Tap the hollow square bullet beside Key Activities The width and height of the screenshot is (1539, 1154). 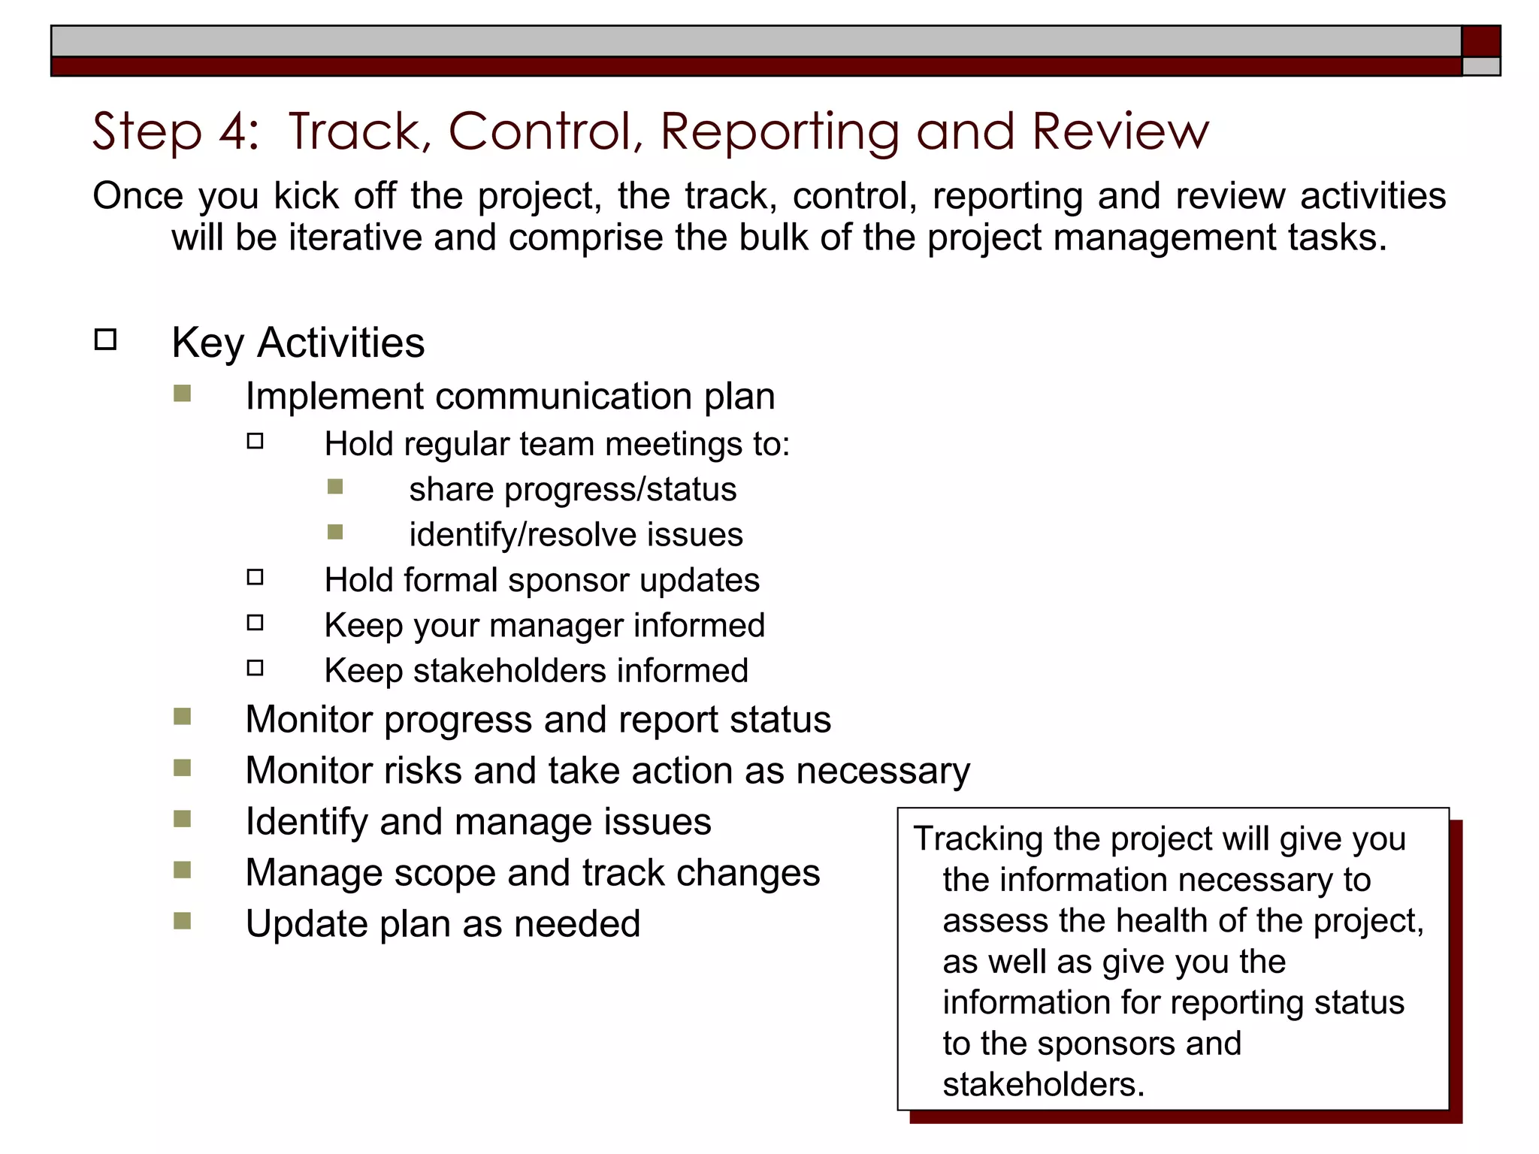106,340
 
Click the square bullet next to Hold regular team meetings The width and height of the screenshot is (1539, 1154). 255,441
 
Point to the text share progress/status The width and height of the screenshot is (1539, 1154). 573,490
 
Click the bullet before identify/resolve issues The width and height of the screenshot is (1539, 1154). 335,533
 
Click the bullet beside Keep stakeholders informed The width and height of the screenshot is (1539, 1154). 255,668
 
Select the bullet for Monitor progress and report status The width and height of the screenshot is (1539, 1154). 182,717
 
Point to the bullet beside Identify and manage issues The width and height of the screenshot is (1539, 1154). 182,819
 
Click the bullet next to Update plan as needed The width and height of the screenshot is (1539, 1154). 182,921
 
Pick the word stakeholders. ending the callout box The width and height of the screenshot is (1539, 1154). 1043,1085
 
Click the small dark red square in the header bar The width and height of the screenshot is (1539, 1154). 1480,41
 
